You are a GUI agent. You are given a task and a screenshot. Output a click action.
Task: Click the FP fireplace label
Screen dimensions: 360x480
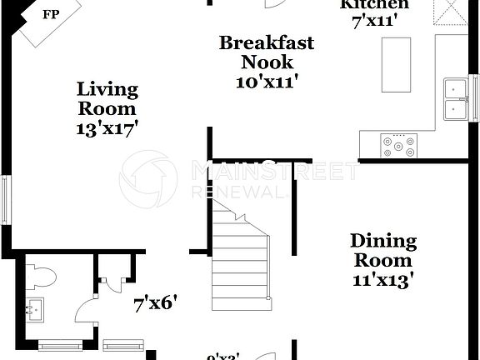[51, 15]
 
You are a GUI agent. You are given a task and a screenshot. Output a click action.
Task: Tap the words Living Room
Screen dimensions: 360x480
[107, 98]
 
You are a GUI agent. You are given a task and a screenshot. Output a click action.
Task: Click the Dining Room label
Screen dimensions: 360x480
[382, 251]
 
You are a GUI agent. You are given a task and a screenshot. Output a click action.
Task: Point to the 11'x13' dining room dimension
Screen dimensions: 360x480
[382, 280]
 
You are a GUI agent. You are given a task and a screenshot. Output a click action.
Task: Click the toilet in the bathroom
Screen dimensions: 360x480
[42, 277]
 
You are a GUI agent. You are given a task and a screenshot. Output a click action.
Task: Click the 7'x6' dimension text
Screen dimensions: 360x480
[156, 304]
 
